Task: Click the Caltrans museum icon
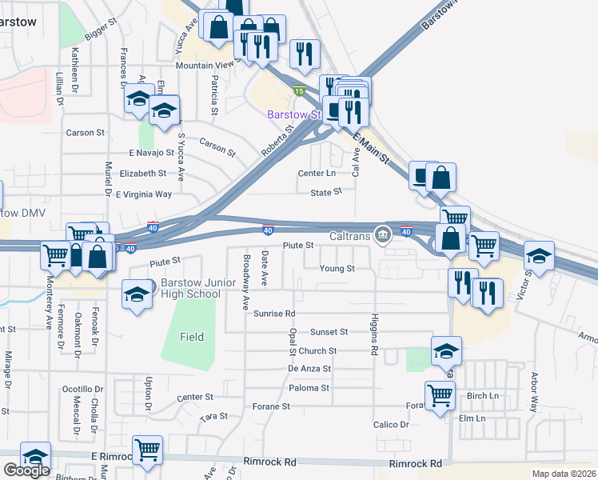coord(384,234)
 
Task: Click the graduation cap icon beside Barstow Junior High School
coord(137,294)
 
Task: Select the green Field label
coord(191,338)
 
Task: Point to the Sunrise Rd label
coord(274,314)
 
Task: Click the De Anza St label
coord(309,369)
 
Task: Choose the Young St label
coord(337,269)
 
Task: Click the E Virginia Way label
coord(144,194)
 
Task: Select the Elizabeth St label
coord(142,173)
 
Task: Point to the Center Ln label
coord(317,173)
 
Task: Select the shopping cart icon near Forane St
coord(440,396)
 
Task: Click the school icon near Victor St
coord(539,258)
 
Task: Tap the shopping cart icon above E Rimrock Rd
coord(147,450)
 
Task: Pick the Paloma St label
coord(309,388)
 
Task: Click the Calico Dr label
coord(391,425)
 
